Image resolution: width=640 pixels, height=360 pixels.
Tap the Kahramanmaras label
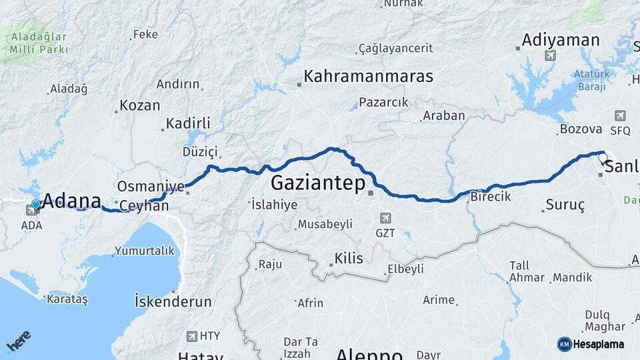tap(368, 76)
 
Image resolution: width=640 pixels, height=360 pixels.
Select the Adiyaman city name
tap(561, 40)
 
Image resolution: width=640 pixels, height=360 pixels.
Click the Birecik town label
tap(490, 197)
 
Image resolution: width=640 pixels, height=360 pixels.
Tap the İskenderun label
tap(173, 301)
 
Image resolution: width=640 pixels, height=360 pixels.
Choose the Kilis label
tap(349, 258)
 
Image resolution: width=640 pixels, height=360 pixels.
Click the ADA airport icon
tap(31, 211)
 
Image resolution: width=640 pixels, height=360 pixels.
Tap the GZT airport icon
tap(385, 218)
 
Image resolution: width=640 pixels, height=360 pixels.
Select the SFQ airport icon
tap(621, 116)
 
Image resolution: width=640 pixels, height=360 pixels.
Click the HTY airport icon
tap(193, 337)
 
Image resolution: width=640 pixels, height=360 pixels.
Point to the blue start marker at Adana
tap(36, 204)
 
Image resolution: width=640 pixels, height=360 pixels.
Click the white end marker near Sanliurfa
tap(602, 159)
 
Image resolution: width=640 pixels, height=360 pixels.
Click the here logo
tap(19, 341)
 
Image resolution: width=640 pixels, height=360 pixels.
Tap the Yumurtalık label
tap(144, 251)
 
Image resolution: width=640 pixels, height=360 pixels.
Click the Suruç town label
tap(565, 205)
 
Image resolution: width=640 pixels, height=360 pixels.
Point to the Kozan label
tap(140, 105)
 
